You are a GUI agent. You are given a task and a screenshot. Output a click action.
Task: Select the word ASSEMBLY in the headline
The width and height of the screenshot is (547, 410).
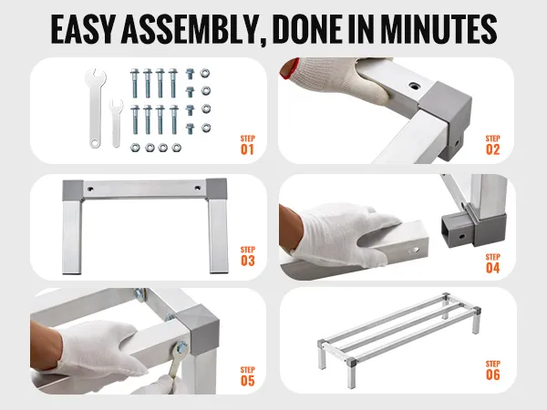[x=191, y=29]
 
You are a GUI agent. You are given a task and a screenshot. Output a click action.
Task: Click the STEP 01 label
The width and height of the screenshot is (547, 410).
[x=247, y=145]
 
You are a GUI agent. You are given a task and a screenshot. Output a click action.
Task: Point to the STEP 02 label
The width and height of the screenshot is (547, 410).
[x=492, y=145]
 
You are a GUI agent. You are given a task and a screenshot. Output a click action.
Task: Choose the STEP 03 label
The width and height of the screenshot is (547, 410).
[x=247, y=256]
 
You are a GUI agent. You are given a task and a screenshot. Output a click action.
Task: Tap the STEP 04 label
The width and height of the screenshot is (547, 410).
[x=492, y=263]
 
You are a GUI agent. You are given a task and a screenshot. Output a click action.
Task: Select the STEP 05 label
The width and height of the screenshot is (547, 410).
[x=247, y=376]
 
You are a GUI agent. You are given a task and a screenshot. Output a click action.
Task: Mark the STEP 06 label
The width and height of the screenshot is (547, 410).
[x=492, y=370]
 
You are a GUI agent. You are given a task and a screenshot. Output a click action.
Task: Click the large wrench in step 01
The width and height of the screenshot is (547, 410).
[x=95, y=108]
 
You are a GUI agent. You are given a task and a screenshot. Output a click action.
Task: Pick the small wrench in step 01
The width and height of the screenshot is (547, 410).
[x=116, y=123]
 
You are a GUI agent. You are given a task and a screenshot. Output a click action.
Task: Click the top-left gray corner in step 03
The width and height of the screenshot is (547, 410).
[x=73, y=190]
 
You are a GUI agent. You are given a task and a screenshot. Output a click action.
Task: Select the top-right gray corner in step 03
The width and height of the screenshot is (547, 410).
[x=216, y=190]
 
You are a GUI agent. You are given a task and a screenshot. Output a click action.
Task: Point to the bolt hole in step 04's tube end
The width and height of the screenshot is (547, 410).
[x=414, y=250]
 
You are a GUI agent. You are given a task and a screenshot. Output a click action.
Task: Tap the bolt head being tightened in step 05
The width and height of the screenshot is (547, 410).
[x=181, y=347]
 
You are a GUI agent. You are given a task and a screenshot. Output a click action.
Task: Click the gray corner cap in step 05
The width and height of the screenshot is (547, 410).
[x=198, y=327]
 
